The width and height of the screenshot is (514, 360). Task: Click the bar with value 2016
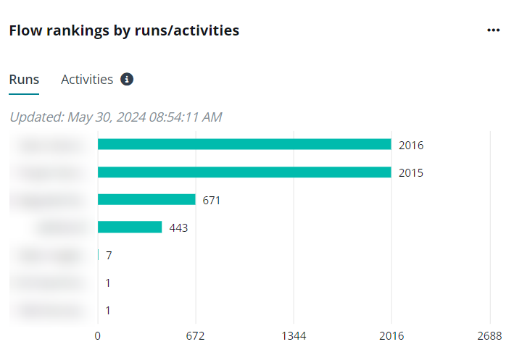click(244, 144)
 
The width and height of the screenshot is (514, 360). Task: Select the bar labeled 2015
click(244, 172)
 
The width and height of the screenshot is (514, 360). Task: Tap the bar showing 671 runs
click(146, 200)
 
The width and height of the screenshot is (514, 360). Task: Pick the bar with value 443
click(130, 227)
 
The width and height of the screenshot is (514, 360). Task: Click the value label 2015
click(411, 173)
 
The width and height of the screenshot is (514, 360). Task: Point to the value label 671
click(212, 201)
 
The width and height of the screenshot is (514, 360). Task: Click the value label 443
click(178, 228)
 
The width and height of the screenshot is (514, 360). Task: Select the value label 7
click(109, 256)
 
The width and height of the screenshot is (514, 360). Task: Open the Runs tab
click(24, 80)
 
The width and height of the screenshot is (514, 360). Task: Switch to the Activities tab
click(87, 80)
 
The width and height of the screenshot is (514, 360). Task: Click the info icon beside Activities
click(127, 80)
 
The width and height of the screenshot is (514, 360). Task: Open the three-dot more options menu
click(494, 30)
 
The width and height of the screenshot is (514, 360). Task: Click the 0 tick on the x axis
click(98, 336)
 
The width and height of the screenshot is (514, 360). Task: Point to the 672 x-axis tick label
click(196, 336)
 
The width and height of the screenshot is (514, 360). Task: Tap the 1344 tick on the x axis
click(294, 336)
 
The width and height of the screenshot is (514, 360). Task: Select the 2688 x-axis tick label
click(489, 336)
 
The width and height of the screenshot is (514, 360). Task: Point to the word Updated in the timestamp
click(36, 117)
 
